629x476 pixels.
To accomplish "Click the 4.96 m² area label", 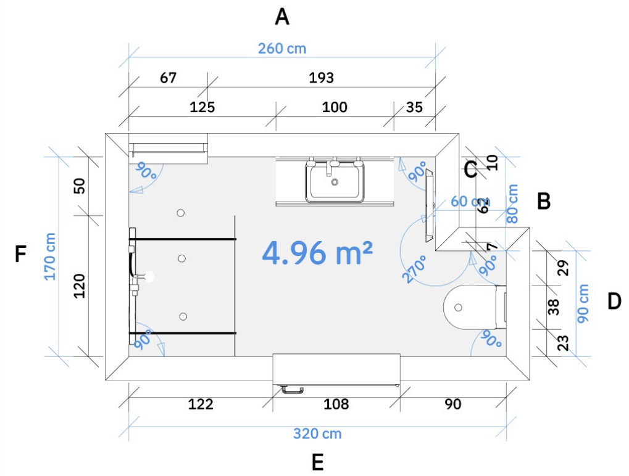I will coord(317,253).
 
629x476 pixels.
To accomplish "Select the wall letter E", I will coord(318,462).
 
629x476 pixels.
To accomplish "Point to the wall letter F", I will coord(21,254).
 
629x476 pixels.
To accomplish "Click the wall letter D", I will coord(614,302).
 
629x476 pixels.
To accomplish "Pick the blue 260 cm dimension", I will coord(282,48).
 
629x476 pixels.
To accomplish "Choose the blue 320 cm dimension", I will coord(317,433).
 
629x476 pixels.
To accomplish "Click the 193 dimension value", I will coord(321,78).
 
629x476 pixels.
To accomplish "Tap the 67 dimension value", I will coord(168,78).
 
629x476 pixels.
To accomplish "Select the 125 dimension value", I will coord(202,107).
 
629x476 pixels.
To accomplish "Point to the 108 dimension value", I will coord(336,404).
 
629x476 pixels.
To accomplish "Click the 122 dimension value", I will coord(201,404).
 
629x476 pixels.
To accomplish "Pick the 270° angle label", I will coord(415,269).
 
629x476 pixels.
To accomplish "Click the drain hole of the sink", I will coord(335,182).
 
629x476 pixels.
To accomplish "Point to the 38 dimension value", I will coord(554,306).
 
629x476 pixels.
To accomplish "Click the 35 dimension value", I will coord(414,107).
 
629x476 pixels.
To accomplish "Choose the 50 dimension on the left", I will coord(80,186).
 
